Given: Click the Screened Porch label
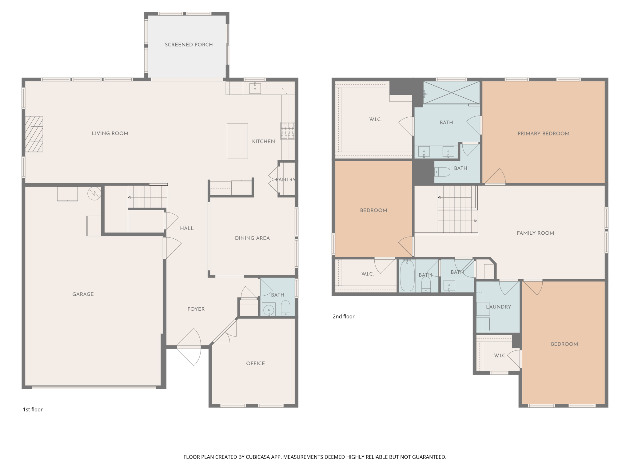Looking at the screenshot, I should pyautogui.click(x=189, y=45).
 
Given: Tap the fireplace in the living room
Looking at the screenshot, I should pyautogui.click(x=34, y=134).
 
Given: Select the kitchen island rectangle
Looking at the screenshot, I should pyautogui.click(x=237, y=141).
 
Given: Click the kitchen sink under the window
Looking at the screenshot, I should pyautogui.click(x=255, y=88).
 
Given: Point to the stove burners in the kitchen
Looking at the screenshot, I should pyautogui.click(x=287, y=131).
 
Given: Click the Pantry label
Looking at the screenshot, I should pyautogui.click(x=285, y=180).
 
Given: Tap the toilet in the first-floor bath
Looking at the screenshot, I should pyautogui.click(x=285, y=308).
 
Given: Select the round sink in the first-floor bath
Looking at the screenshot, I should pyautogui.click(x=269, y=309).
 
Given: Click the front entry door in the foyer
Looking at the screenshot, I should pyautogui.click(x=189, y=347).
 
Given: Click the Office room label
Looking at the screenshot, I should pyautogui.click(x=255, y=363).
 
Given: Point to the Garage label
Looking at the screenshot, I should pyautogui.click(x=83, y=294).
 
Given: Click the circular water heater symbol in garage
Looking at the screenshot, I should pyautogui.click(x=94, y=193).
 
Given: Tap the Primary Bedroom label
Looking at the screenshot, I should pyautogui.click(x=543, y=134).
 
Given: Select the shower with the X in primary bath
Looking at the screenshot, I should pyautogui.click(x=452, y=93).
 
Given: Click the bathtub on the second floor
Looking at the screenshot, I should pyautogui.click(x=407, y=276).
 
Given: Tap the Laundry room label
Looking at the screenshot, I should pyautogui.click(x=498, y=307).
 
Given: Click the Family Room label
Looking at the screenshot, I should pyautogui.click(x=535, y=233).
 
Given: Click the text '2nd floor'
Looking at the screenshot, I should pyautogui.click(x=343, y=316).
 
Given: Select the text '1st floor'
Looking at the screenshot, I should pyautogui.click(x=33, y=409).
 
